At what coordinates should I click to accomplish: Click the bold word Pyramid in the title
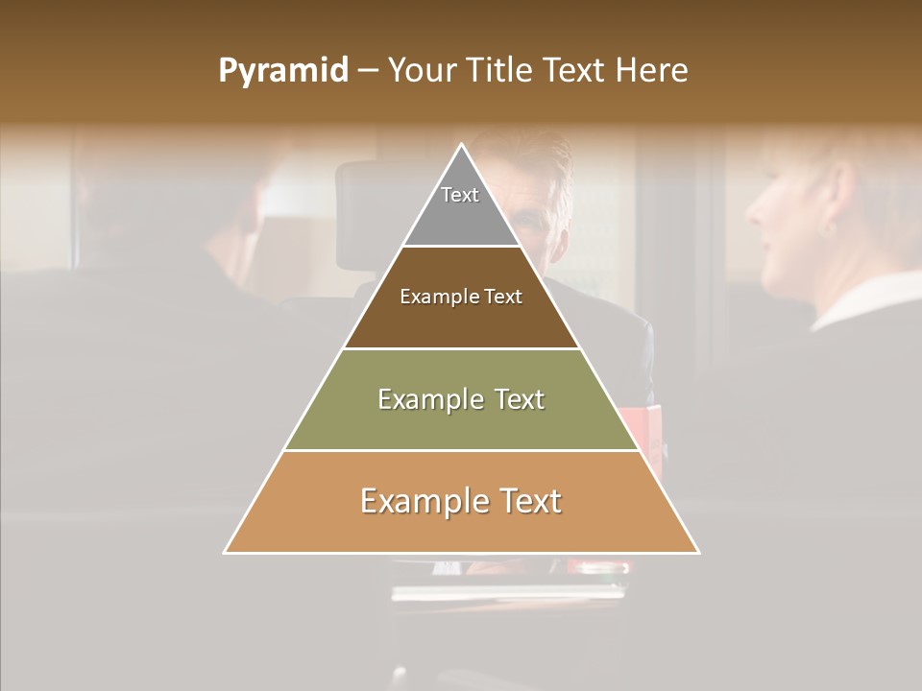[x=282, y=71]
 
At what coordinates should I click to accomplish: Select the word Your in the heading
[x=422, y=71]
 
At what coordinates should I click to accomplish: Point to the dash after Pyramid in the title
[x=367, y=71]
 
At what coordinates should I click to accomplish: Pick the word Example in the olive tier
[x=421, y=399]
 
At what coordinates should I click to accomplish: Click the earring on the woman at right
[x=832, y=228]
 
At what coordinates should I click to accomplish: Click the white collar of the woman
[x=864, y=298]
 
